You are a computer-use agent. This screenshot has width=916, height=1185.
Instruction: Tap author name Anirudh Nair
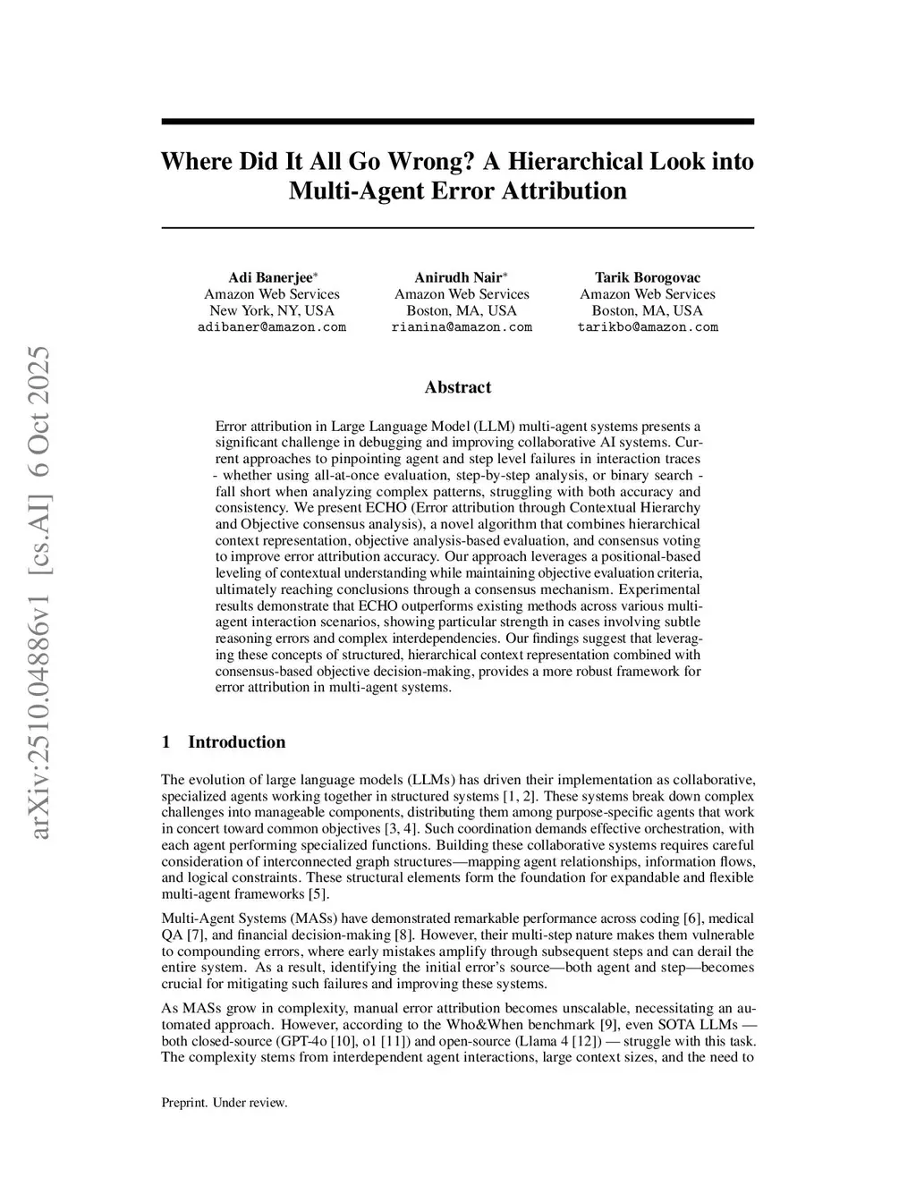[459, 278]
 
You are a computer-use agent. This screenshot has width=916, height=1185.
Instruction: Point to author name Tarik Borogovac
[648, 278]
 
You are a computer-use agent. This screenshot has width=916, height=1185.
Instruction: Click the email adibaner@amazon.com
[271, 327]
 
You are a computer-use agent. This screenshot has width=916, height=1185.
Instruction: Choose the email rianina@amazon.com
[462, 327]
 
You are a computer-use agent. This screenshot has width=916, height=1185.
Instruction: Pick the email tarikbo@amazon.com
[648, 327]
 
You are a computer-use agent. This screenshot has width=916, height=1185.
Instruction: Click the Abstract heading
[457, 387]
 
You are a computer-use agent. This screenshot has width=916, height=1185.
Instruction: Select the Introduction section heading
[236, 742]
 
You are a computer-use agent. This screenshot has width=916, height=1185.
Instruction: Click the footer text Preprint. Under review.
[225, 1103]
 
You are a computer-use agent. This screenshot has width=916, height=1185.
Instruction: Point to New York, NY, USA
[271, 311]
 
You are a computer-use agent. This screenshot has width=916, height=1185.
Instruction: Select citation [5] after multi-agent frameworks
[318, 893]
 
